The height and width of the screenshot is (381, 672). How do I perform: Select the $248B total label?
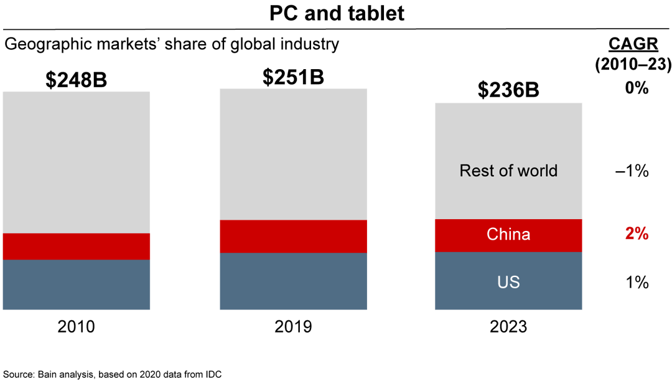click(x=76, y=80)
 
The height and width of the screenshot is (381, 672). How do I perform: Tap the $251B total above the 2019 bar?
click(x=292, y=77)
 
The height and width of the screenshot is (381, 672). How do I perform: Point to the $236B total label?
click(x=508, y=90)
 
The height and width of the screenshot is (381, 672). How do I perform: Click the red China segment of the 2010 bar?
click(x=76, y=247)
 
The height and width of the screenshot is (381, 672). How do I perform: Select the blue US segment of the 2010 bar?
click(x=76, y=285)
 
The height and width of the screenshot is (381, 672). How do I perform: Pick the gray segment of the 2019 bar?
click(x=292, y=154)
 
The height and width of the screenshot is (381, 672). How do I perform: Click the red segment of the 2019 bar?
click(x=292, y=237)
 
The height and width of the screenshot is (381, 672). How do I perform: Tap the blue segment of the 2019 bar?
click(x=292, y=281)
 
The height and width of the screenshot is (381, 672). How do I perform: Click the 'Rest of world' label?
click(x=508, y=171)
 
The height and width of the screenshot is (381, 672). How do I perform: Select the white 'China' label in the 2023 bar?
click(x=508, y=235)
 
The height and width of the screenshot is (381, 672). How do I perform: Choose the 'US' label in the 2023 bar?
click(x=508, y=282)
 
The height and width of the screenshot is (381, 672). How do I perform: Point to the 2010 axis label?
click(x=76, y=326)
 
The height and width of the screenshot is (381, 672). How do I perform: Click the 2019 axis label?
click(x=292, y=326)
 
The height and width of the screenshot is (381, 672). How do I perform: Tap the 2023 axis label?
click(x=508, y=326)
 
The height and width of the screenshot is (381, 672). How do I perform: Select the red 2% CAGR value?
click(x=637, y=234)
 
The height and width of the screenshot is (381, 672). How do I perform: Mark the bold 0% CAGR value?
click(x=637, y=88)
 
